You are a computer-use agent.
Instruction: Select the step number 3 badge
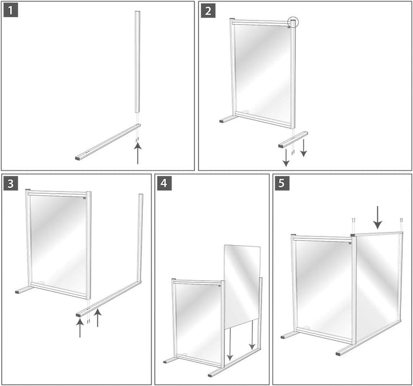point(11,184)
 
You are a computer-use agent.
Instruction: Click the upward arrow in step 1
point(137,153)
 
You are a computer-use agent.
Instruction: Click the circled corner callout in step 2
point(293,23)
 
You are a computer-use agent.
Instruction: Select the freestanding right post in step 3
point(139,238)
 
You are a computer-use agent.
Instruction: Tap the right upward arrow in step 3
point(98,318)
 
